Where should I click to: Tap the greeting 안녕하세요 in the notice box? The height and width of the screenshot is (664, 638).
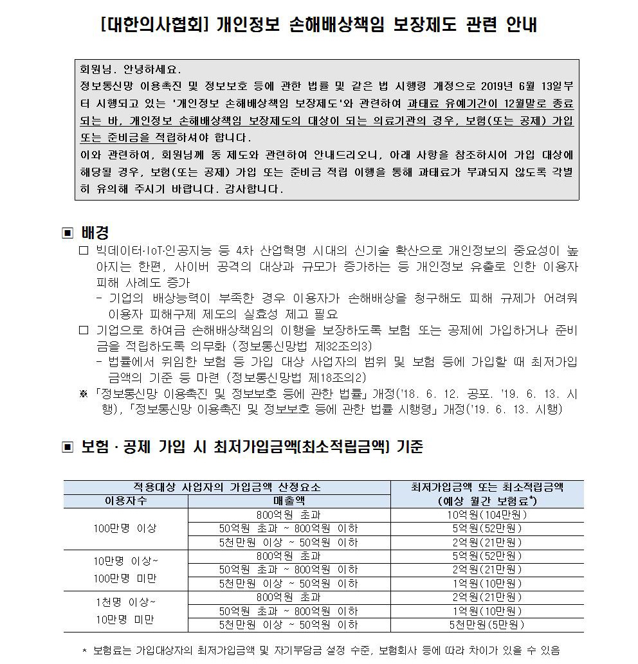pyautogui.click(x=149, y=69)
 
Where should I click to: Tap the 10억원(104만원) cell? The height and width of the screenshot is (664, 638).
pyautogui.click(x=487, y=515)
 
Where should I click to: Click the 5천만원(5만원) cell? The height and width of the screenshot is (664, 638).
pyautogui.click(x=487, y=625)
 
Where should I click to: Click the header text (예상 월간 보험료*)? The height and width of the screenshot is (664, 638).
pyautogui.click(x=487, y=501)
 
